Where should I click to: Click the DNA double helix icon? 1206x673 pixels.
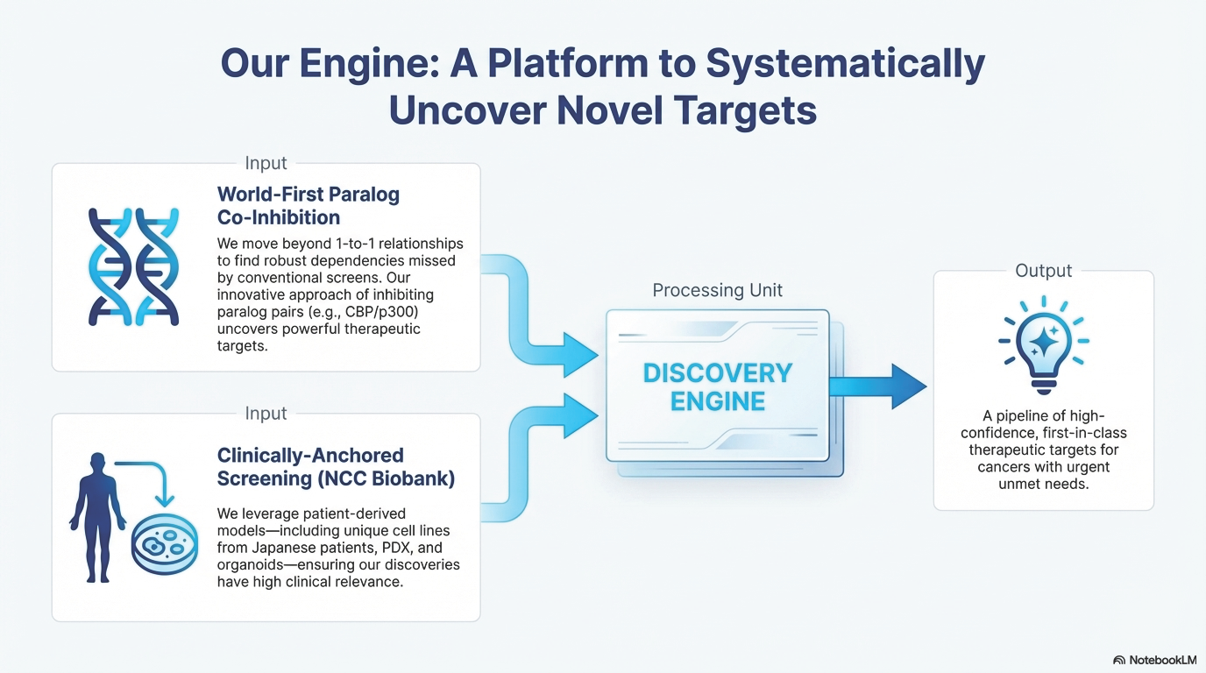pos(133,267)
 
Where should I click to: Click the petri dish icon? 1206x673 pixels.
pos(164,548)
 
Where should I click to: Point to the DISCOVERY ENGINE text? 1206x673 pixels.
pos(717,386)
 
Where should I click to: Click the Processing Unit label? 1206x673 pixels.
pos(717,290)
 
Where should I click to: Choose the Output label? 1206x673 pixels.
pos(1043,271)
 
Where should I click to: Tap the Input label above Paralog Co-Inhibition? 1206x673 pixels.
pos(266,163)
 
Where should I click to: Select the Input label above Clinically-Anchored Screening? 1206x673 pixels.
pos(266,414)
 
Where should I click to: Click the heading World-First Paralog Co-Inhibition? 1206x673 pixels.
pos(308,205)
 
